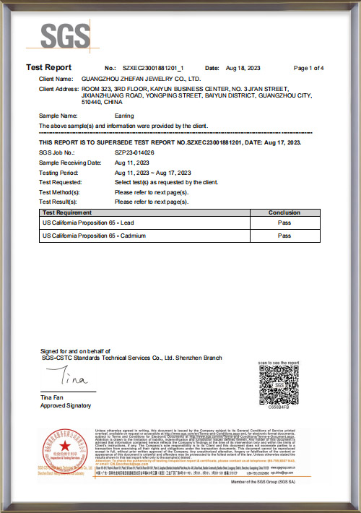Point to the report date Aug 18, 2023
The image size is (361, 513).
(x=241, y=67)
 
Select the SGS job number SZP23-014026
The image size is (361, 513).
(x=135, y=153)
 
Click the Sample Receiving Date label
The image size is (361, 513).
(x=70, y=163)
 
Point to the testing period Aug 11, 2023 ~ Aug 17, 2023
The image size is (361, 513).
(x=152, y=173)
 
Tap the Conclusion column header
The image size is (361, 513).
(x=284, y=213)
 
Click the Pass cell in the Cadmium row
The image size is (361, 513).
(x=284, y=236)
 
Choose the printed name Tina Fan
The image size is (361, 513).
(x=51, y=397)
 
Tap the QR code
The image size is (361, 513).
(x=278, y=384)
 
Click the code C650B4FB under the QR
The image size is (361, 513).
(x=279, y=407)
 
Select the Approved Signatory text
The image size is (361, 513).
(x=64, y=406)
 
